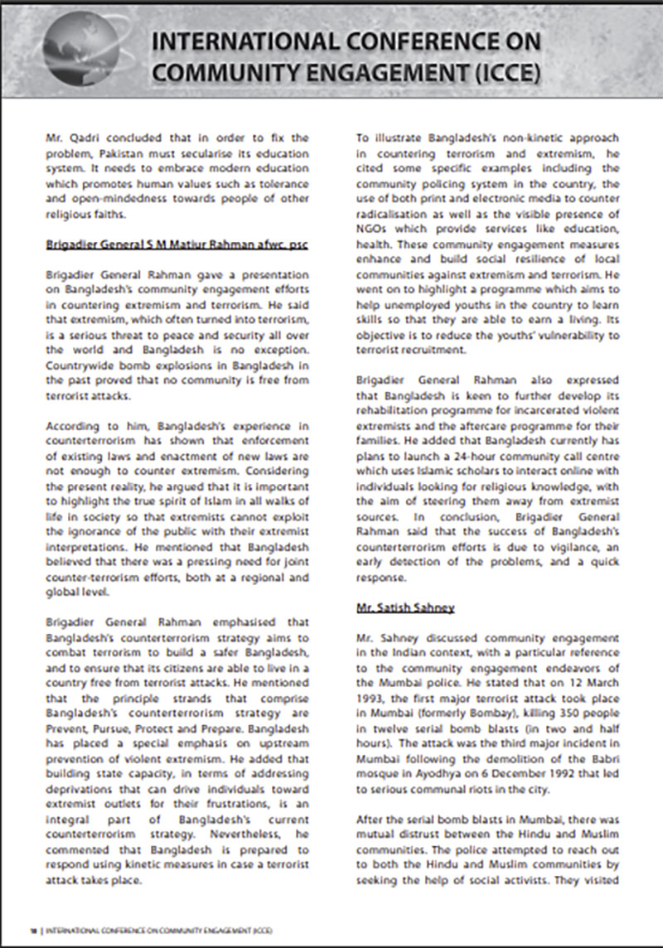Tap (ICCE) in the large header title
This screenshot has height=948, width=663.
click(508, 73)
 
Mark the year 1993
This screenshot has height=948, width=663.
click(372, 679)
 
